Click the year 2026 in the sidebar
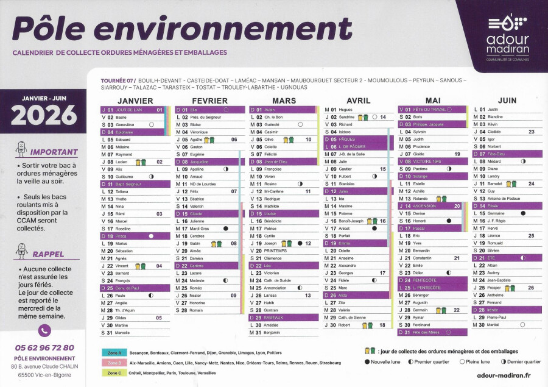tap(44, 115)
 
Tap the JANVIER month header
tap(135, 101)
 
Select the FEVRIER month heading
tap(209, 101)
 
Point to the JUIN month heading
tap(507, 100)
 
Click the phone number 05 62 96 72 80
tap(44, 347)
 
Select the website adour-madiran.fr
tap(503, 377)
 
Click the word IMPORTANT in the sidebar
tap(54, 152)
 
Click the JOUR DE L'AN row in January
tap(133, 110)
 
